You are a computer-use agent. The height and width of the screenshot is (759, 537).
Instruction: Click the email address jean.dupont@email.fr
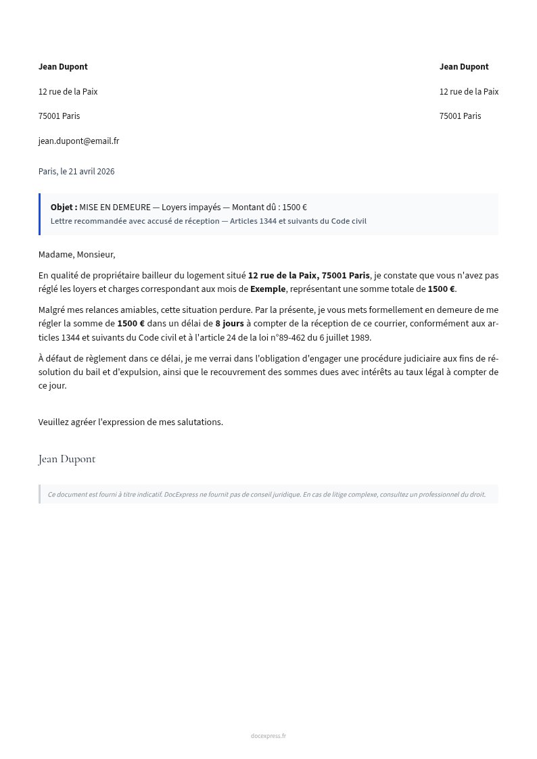pos(78,141)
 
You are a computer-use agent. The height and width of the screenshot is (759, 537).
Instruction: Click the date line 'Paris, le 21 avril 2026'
pos(76,172)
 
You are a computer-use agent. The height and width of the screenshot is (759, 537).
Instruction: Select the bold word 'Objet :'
pos(64,207)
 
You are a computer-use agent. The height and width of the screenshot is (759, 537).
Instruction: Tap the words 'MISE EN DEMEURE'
pos(115,207)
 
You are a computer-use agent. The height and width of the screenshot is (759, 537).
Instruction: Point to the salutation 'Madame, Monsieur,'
pos(76,255)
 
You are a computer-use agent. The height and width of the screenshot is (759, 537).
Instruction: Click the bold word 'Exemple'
pos(268,289)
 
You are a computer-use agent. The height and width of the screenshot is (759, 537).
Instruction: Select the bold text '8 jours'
pos(229,324)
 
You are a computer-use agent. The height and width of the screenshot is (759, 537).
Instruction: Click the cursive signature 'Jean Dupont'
pos(67,460)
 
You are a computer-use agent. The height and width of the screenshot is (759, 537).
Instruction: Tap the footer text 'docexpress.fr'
pos(268,736)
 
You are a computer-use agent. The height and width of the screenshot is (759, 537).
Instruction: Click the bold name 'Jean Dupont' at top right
pos(464,67)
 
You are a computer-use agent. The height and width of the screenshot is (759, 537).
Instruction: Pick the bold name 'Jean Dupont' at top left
pos(63,67)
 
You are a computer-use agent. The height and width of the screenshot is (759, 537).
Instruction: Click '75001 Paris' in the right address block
pos(460,116)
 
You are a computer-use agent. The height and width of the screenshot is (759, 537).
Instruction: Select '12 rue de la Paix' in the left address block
pos(68,92)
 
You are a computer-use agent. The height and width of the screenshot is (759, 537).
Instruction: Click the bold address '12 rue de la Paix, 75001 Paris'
pos(308,276)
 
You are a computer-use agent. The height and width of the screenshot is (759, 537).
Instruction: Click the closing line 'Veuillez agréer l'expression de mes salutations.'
pos(131,422)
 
